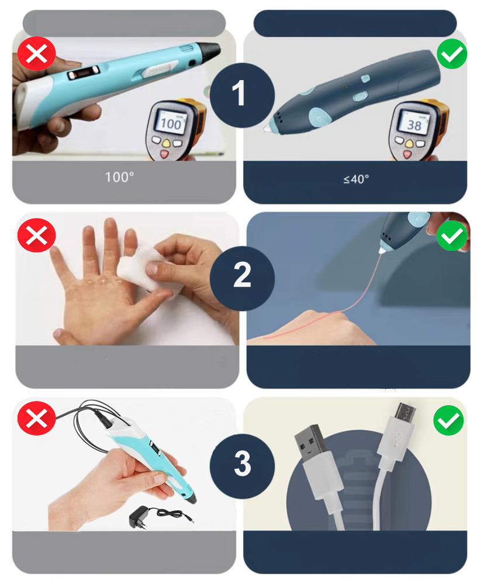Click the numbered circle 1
pyautogui.click(x=242, y=95)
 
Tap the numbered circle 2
pyautogui.click(x=242, y=278)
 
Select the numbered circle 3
pyautogui.click(x=242, y=466)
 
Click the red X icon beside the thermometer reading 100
pyautogui.click(x=36, y=54)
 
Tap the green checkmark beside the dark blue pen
pyautogui.click(x=452, y=54)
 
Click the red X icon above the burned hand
pyautogui.click(x=36, y=236)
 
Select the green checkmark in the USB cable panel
pyautogui.click(x=448, y=420)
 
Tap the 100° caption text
pyautogui.click(x=119, y=177)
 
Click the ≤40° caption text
pyautogui.click(x=357, y=179)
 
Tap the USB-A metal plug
pyautogui.click(x=312, y=442)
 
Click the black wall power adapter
pyautogui.click(x=138, y=517)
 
